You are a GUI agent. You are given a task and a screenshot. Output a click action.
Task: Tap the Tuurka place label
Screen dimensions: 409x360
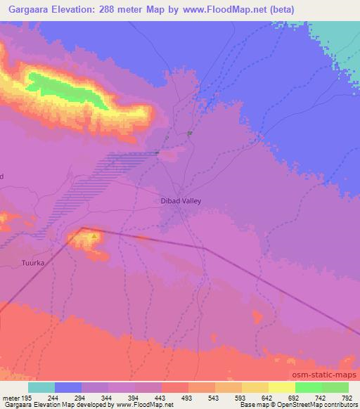pos(34,263)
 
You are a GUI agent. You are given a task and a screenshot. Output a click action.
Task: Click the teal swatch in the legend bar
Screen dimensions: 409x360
pos(41,387)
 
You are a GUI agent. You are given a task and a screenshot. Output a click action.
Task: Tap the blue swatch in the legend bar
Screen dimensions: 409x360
pos(68,387)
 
